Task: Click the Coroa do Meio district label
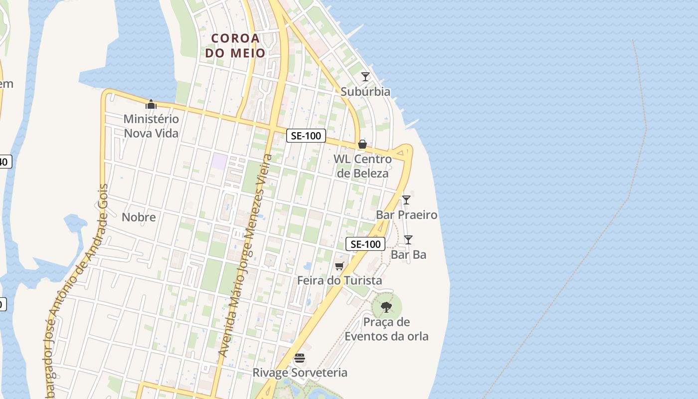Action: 235,45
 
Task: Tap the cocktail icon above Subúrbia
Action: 365,76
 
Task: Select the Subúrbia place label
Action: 365,92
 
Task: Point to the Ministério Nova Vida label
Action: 151,126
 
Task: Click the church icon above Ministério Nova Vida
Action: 151,104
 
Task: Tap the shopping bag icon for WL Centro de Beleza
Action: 362,144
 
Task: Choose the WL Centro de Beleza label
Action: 362,166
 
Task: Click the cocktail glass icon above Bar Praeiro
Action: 406,200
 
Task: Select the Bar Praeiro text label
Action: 406,215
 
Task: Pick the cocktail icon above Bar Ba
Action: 408,240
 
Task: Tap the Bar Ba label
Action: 408,255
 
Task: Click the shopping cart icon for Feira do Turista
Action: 340,266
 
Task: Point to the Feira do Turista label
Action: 340,280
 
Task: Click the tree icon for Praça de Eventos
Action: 386,307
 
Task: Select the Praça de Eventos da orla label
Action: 386,329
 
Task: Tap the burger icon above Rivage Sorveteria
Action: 300,358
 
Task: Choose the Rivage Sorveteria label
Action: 300,373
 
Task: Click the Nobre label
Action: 139,217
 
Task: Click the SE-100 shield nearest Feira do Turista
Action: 365,244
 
